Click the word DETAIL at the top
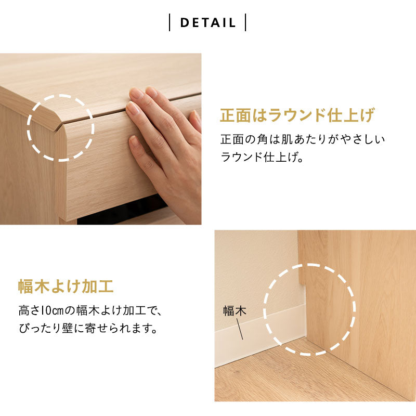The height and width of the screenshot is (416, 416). pyautogui.click(x=208, y=23)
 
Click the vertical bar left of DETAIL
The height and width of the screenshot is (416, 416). pyautogui.click(x=170, y=23)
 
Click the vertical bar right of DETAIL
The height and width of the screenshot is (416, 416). pyautogui.click(x=245, y=23)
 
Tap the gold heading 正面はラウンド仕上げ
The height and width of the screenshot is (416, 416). pyautogui.click(x=297, y=115)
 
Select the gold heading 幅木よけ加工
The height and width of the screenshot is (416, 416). pyautogui.click(x=66, y=286)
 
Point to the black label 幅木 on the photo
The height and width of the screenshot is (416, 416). pyautogui.click(x=235, y=311)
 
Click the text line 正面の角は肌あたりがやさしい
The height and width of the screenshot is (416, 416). pyautogui.click(x=303, y=139)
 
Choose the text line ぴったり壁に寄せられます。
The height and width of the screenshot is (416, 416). pyautogui.click(x=87, y=329)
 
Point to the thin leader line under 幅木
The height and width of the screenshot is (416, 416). pyautogui.click(x=240, y=329)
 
